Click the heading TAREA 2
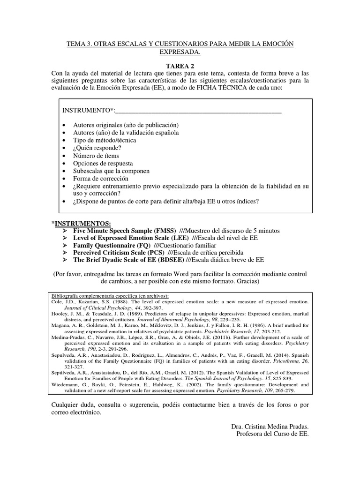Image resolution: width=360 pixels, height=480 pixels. tap(180, 66)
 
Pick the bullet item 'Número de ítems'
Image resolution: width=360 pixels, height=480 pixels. tap(96, 156)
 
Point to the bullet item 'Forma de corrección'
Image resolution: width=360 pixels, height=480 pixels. tap(101, 179)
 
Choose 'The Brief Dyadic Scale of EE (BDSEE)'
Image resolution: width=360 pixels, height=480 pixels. tap(129, 261)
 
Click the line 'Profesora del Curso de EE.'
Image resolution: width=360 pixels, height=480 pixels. tap(273, 434)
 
